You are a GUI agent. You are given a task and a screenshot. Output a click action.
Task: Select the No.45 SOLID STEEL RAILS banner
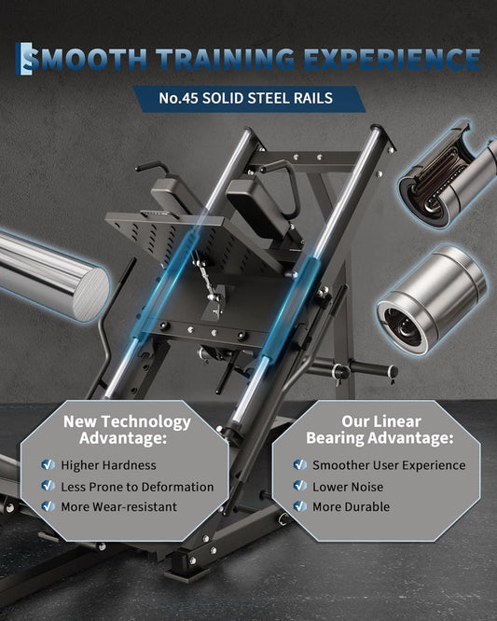[249, 99]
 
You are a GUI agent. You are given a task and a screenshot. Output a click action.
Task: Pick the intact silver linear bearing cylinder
[431, 299]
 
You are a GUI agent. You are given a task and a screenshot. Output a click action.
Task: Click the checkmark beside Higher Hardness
[48, 464]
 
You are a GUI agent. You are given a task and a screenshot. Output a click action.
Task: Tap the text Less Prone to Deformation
[137, 487]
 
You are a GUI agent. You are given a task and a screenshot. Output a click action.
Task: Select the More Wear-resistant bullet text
[118, 506]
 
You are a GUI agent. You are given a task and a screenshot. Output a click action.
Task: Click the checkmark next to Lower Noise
[300, 486]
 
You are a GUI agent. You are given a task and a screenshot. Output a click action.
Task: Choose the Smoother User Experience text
[389, 465]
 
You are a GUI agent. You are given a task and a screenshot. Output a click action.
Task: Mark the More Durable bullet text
[351, 506]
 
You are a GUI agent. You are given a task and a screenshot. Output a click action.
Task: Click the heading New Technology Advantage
[127, 430]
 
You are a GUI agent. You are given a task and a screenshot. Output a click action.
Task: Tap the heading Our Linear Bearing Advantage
[380, 430]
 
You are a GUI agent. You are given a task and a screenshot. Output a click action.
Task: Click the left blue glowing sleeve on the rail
[166, 284]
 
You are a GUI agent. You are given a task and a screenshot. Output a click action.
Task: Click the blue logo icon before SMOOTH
[23, 59]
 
